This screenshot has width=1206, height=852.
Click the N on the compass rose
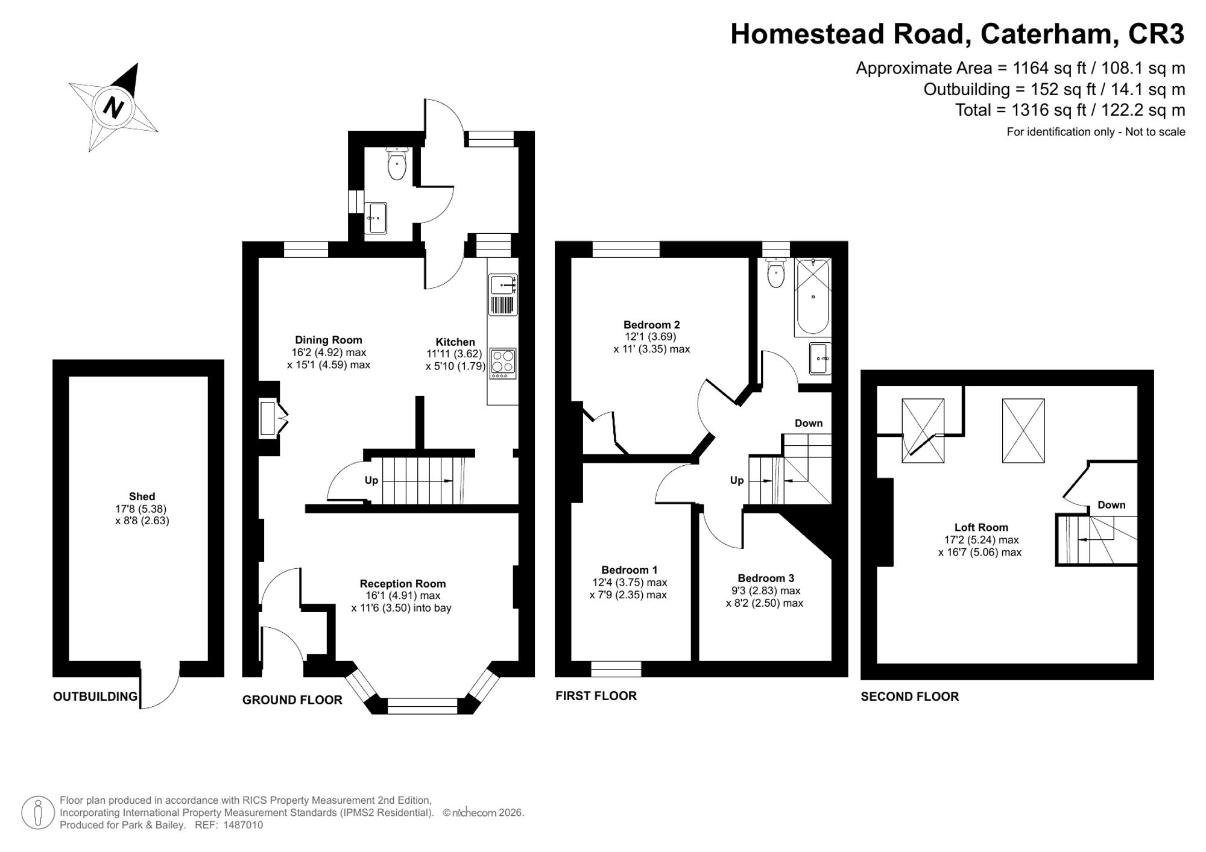pyautogui.click(x=113, y=108)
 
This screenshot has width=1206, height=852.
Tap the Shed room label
pyautogui.click(x=142, y=496)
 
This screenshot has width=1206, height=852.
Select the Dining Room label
pyautogui.click(x=329, y=340)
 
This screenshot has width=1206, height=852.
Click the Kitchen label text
pyautogui.click(x=455, y=342)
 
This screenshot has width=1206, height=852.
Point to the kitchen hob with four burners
pyautogui.click(x=503, y=363)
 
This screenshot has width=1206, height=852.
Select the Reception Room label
pyautogui.click(x=403, y=583)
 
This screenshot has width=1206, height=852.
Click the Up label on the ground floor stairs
pyautogui.click(x=371, y=480)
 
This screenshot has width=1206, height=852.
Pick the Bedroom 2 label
pyautogui.click(x=652, y=325)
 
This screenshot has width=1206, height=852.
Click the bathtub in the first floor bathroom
pyautogui.click(x=813, y=296)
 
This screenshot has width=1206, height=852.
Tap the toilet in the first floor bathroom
pyautogui.click(x=775, y=273)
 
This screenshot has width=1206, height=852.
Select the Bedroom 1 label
pyautogui.click(x=630, y=570)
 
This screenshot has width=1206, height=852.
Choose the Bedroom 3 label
pyautogui.click(x=766, y=578)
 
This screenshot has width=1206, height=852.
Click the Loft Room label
pyautogui.click(x=981, y=527)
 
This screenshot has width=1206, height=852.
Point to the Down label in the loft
pyautogui.click(x=1111, y=505)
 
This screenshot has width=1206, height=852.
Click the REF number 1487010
pyautogui.click(x=244, y=825)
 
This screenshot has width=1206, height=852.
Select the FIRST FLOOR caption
pyautogui.click(x=596, y=696)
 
